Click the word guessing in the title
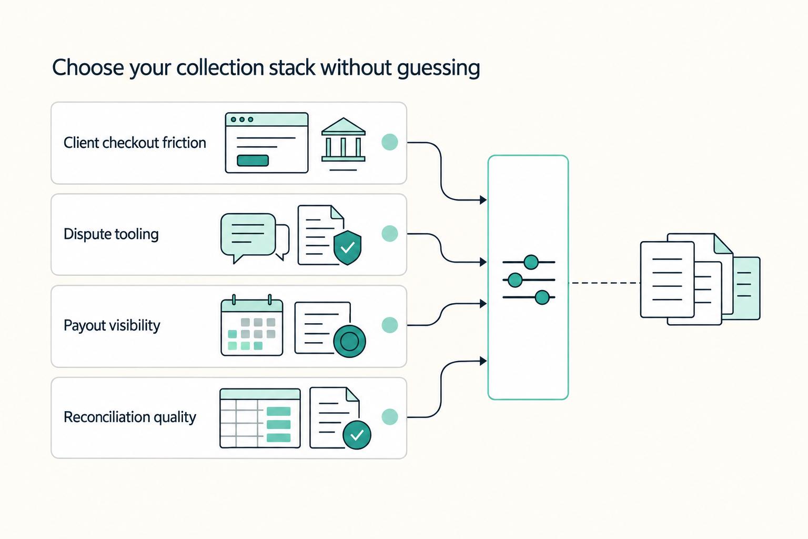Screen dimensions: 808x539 (438, 68)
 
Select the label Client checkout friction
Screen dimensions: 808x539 (135, 143)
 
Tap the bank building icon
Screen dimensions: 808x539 (343, 144)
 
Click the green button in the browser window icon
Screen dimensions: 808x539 (252, 161)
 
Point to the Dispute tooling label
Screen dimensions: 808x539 (111, 234)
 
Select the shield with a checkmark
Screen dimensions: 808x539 (347, 248)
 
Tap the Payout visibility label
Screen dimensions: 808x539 (112, 326)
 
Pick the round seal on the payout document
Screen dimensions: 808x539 (349, 341)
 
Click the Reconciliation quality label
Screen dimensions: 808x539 (130, 417)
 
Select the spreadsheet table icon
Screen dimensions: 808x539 (260, 418)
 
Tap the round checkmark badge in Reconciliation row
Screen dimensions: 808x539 (357, 435)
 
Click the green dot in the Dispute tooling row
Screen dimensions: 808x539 (390, 234)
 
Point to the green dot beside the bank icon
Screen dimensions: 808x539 (390, 142)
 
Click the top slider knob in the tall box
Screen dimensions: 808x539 (531, 262)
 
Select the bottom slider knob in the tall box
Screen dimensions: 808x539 (542, 297)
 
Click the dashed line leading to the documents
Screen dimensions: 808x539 (604, 283)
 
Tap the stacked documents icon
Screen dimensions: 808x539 (700, 279)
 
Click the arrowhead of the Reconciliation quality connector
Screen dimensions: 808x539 (483, 361)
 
